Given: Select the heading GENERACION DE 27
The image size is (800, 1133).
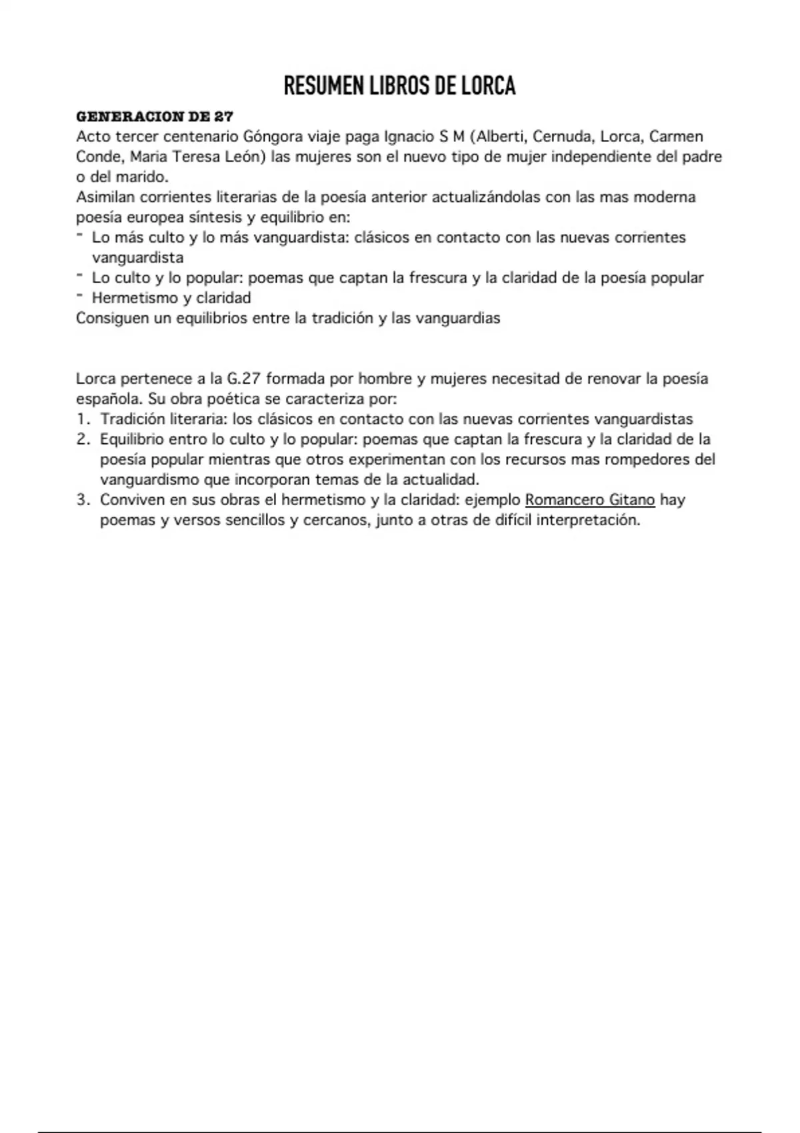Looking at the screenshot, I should click(155, 117).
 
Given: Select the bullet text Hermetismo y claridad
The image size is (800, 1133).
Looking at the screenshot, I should click(171, 298).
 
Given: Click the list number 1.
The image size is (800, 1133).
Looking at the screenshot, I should click(83, 419).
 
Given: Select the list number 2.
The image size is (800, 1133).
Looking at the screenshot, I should click(83, 439).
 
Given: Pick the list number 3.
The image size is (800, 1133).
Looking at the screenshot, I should click(83, 500).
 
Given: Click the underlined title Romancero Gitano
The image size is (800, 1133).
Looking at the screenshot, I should click(590, 500).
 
